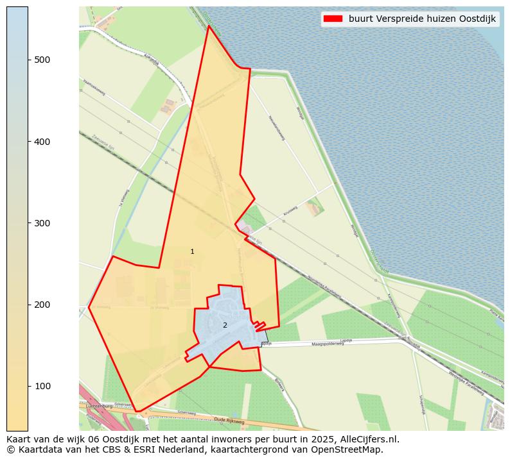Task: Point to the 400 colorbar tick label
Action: pos(42,141)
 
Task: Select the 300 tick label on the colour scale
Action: pos(42,223)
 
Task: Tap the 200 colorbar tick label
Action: pos(42,305)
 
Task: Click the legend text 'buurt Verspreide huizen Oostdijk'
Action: pos(422,19)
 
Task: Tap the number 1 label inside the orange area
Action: pos(192,251)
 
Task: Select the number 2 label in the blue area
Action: pos(225,325)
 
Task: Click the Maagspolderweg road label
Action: pos(328,344)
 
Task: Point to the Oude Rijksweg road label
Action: pos(230,422)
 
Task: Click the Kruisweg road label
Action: pos(290,211)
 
